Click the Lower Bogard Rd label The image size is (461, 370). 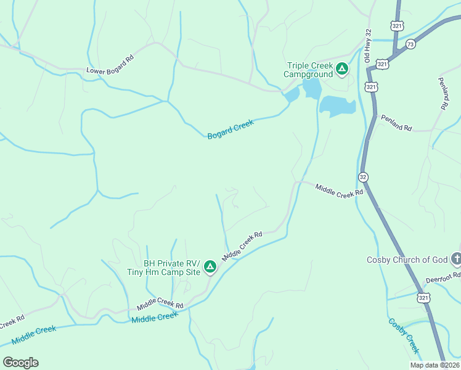(110, 70)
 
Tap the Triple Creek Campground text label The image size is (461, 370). (308, 70)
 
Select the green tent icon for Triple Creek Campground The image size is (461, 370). (342, 70)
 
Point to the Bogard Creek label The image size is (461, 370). (230, 129)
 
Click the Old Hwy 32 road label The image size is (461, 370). (368, 45)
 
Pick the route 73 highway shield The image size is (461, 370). (410, 44)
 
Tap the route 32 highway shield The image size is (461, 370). (363, 176)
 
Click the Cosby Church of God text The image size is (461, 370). (407, 260)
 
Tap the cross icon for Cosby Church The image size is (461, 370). (456, 258)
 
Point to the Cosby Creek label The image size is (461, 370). (404, 335)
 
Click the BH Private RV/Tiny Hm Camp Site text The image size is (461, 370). (172, 268)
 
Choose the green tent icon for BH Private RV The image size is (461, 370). (210, 266)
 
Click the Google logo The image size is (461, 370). (20, 362)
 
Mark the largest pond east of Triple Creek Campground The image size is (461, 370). (337, 106)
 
